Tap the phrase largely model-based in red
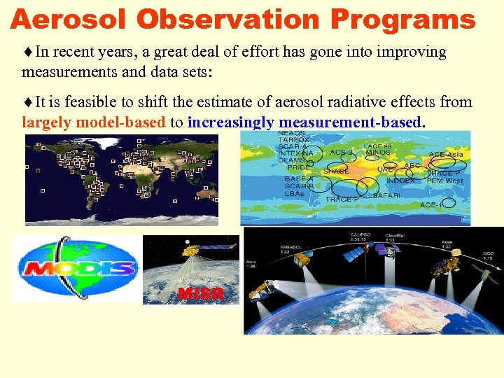[94, 122]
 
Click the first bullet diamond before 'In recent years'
[28, 52]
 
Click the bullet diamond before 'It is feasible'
[28, 103]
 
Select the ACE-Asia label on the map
[445, 155]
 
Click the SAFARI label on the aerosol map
[386, 195]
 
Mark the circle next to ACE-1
[448, 203]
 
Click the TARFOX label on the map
[294, 140]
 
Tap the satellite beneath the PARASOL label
[302, 260]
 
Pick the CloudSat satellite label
[394, 235]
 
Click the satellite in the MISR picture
[191, 249]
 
